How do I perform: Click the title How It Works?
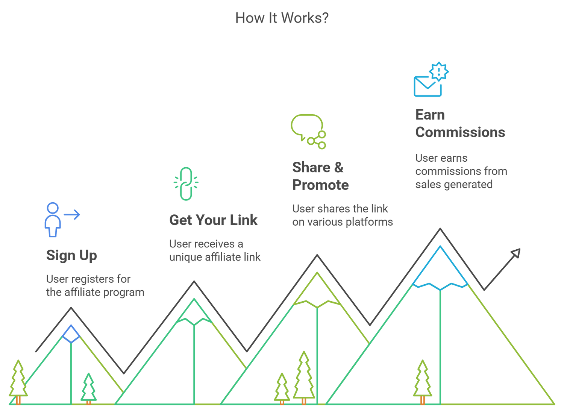[282, 18]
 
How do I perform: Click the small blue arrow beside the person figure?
[72, 215]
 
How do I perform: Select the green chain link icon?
[186, 183]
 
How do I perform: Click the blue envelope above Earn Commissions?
[428, 86]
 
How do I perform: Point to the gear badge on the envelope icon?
[438, 71]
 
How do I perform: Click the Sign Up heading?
[71, 255]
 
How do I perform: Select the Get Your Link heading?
[213, 220]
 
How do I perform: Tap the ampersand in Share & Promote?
[338, 167]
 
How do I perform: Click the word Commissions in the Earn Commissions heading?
[460, 132]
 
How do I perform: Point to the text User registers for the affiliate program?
[95, 286]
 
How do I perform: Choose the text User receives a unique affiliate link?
[215, 250]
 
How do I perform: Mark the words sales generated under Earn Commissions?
[454, 184]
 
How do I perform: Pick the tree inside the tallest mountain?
[422, 381]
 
